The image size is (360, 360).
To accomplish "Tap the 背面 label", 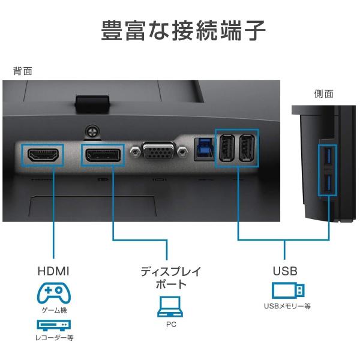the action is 23,71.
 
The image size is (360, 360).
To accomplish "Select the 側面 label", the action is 324,94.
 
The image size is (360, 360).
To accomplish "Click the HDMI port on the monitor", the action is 43,156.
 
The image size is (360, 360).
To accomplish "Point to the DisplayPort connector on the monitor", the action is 101,156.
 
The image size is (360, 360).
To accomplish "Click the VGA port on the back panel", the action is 158,153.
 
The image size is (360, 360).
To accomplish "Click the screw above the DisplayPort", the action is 92,130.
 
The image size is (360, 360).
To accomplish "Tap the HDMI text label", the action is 54,271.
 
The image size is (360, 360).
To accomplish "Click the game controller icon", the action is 54,293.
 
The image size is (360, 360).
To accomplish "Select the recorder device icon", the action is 54,325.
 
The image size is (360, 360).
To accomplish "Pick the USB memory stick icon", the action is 288,291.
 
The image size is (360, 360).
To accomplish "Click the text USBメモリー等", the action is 287,307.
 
